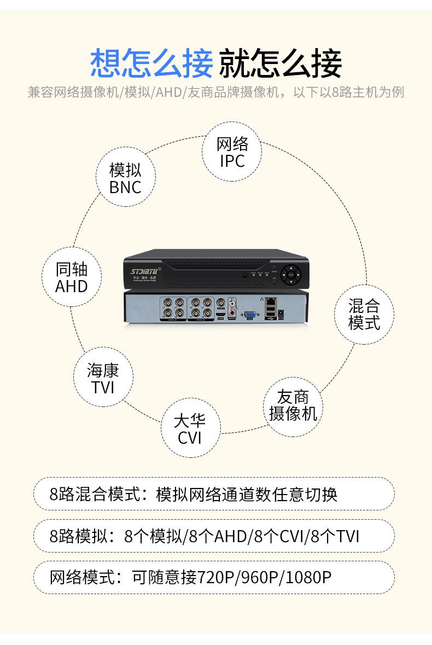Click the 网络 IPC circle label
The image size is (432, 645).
click(x=232, y=152)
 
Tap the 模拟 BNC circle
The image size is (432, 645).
click(x=125, y=178)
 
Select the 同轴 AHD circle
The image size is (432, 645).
click(x=71, y=277)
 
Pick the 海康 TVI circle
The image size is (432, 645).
click(x=103, y=379)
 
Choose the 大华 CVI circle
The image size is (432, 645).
click(x=190, y=429)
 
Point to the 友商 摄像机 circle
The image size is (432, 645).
click(x=293, y=405)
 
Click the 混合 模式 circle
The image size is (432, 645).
click(x=364, y=314)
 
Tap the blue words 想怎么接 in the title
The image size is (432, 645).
click(x=151, y=63)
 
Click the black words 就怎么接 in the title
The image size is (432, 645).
click(x=281, y=63)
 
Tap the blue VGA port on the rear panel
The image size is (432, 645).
click(x=250, y=315)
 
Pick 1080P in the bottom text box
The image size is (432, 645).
click(x=308, y=577)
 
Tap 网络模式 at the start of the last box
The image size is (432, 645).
click(x=83, y=577)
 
